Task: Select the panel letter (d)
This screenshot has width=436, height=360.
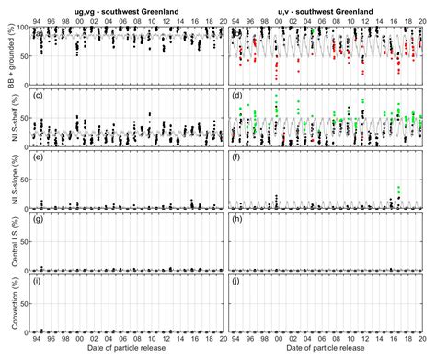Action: tap(238, 95)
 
